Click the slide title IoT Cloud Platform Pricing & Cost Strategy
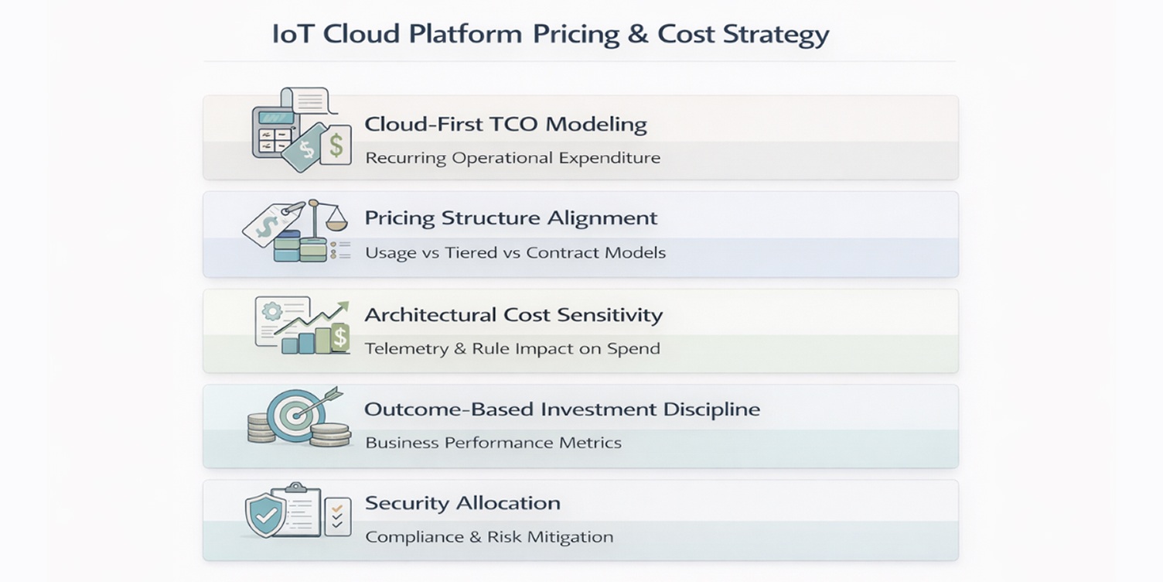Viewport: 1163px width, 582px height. coord(550,35)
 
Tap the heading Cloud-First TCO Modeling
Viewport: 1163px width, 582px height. coord(506,125)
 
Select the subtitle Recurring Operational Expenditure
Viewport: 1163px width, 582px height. coord(513,159)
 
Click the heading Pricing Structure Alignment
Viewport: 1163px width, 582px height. coord(511,218)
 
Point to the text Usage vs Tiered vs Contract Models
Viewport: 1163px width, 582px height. coord(515,253)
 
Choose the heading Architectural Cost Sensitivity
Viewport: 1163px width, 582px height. coord(513,315)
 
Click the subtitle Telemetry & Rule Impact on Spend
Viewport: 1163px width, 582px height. coord(512,348)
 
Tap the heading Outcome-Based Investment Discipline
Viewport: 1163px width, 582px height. coord(561,409)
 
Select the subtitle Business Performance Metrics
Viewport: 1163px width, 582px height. coord(493,443)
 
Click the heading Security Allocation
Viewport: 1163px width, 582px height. coord(462,503)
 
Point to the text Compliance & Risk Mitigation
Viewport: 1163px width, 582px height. coord(489,537)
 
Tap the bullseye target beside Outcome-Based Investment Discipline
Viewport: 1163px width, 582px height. coord(295,415)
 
